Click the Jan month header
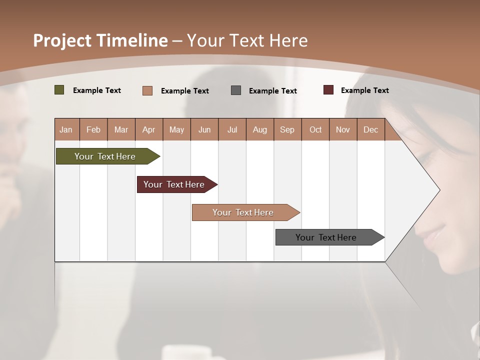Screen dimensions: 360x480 point(66,129)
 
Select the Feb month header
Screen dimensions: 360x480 point(93,129)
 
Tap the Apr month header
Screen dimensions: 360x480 point(148,129)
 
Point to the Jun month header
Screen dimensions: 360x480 point(204,129)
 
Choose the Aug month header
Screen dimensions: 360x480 point(259,129)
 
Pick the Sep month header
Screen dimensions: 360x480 point(287,129)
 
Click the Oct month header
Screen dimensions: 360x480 point(315,129)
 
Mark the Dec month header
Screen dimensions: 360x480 point(370,129)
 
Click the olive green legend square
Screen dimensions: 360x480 point(59,90)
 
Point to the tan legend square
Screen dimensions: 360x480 point(147,90)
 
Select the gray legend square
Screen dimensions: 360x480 point(236,90)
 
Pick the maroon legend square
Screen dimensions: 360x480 point(328,90)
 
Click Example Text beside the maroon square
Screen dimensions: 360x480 point(364,90)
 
